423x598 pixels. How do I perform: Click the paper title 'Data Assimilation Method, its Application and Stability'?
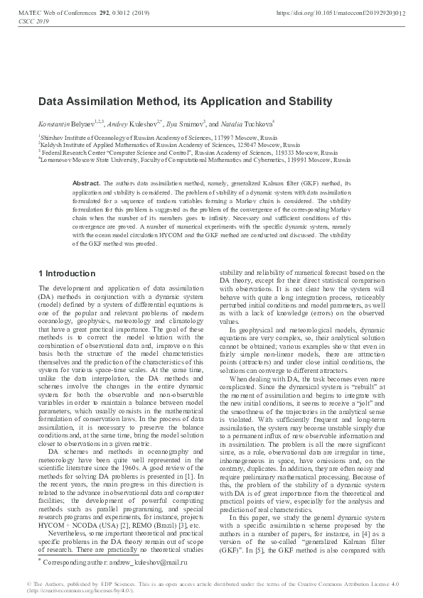point(184,102)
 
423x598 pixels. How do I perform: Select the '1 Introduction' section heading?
point(66,273)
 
